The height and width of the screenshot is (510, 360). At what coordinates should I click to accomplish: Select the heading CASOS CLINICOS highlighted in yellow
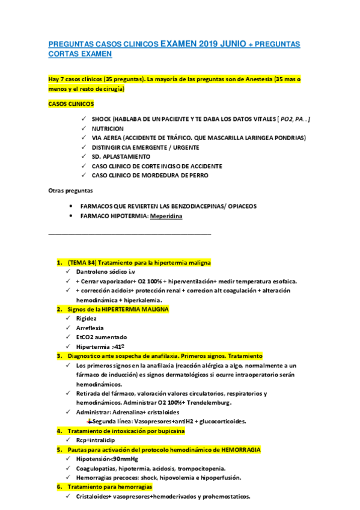67,103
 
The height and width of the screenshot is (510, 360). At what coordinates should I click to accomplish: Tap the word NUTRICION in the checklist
108,129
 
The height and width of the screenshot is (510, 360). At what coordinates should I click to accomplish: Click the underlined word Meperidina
166,215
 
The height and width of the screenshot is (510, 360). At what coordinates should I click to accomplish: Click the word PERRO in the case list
196,175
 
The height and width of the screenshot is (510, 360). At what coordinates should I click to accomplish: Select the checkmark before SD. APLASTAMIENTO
84,156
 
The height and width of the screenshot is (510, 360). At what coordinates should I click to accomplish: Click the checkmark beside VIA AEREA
84,138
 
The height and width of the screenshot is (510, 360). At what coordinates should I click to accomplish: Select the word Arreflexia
90,328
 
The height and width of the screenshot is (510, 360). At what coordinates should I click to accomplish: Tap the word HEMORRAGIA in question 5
237,449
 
